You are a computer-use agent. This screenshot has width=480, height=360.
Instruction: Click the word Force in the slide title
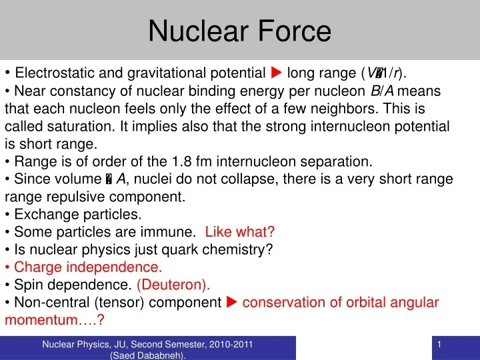point(291,31)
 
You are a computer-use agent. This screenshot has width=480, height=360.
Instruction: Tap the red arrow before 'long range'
point(277,73)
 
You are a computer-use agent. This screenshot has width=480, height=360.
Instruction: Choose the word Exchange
point(43,215)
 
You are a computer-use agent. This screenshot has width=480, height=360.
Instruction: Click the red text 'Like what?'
point(240,232)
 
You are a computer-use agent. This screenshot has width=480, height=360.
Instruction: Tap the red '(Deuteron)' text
point(173,285)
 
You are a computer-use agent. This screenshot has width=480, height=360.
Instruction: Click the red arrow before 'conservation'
point(232,303)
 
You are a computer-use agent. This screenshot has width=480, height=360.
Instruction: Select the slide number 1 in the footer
point(441,344)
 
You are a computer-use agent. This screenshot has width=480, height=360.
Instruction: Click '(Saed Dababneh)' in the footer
point(147,355)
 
